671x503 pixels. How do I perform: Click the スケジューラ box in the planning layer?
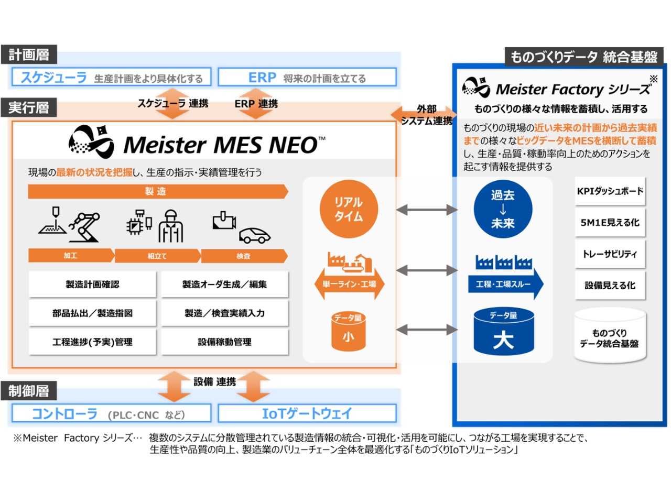point(111,78)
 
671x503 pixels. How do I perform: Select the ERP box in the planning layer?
point(307,78)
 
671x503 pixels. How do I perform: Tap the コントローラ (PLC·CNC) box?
point(111,414)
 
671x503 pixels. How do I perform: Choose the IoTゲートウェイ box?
point(307,414)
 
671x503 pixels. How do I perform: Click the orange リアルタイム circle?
point(349,209)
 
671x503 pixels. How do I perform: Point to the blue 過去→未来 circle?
point(503,209)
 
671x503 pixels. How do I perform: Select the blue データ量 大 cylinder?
point(503,332)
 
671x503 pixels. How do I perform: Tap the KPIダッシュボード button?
point(610,191)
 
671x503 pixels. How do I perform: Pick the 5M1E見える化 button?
point(610,223)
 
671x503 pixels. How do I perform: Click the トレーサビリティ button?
point(610,254)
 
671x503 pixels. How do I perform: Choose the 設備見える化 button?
point(610,286)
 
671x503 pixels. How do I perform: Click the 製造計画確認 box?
point(93,285)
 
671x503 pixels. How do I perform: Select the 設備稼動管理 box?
point(225,342)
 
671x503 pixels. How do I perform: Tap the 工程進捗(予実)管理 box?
point(93,342)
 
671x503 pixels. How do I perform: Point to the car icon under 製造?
point(255,235)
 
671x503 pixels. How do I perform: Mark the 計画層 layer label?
point(29,54)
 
